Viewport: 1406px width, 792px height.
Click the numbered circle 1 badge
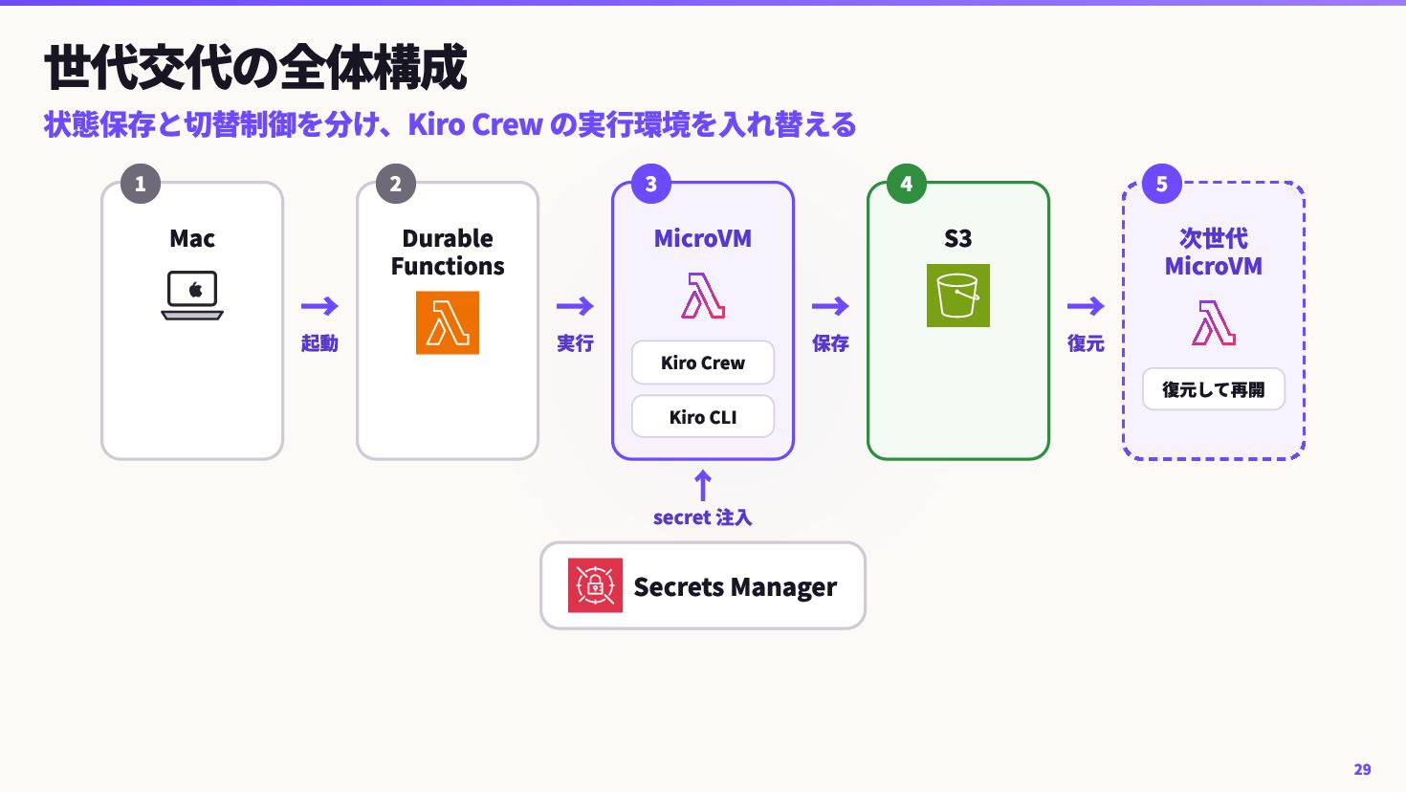(140, 184)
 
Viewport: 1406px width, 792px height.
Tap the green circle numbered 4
(907, 184)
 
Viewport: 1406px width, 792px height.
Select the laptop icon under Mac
(192, 295)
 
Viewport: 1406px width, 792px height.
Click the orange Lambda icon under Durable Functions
(448, 322)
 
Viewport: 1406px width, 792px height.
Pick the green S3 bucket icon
(957, 296)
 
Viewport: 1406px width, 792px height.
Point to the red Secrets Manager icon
(595, 584)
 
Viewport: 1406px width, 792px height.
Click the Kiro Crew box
(703, 363)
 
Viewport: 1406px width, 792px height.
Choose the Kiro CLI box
(703, 417)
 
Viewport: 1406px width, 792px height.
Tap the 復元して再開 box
(1214, 389)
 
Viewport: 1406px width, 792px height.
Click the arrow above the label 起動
(319, 306)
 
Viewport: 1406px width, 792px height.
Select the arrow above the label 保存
(830, 306)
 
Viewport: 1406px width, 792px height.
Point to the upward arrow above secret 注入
(703, 485)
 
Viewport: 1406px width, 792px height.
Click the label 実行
(575, 343)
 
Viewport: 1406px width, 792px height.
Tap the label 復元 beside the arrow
(1086, 343)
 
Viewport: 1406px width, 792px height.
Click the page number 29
(1362, 769)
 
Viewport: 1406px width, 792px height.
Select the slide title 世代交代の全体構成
(255, 67)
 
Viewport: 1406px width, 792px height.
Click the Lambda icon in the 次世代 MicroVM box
(1214, 323)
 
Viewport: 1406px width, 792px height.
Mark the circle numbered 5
(1162, 184)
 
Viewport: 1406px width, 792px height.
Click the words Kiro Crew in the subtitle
(475, 124)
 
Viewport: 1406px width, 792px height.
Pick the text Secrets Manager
(735, 587)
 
